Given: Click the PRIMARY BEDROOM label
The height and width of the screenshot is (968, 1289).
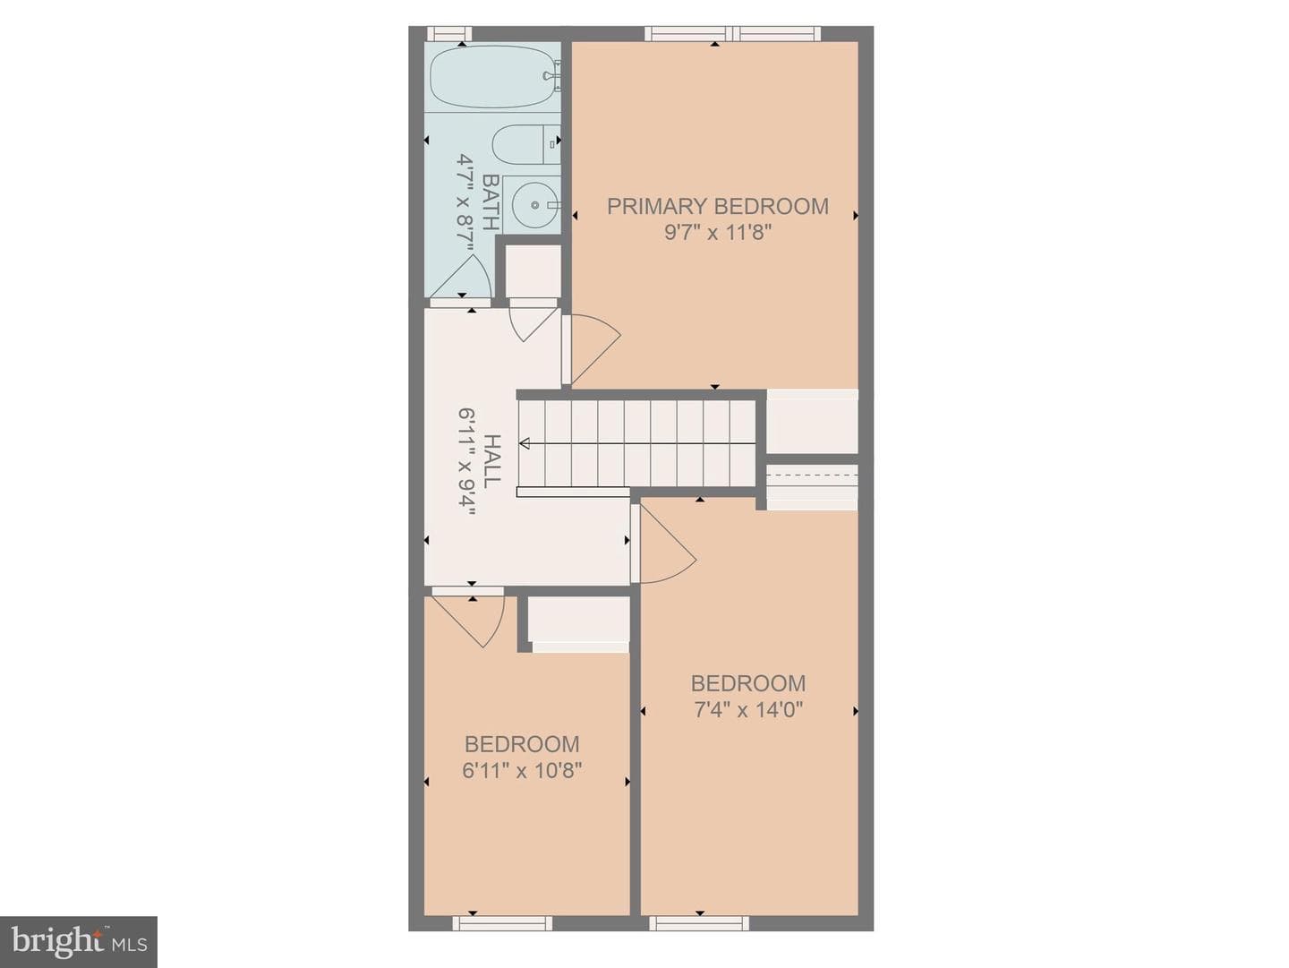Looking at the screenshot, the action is pos(717,206).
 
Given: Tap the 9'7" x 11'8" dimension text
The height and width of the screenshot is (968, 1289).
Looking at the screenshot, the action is pos(717,233).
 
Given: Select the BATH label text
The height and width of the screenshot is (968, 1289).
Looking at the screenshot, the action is pos(491,202).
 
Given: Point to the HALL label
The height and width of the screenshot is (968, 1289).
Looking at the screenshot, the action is pos(491,462).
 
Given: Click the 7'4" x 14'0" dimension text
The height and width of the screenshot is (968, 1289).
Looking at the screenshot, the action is pos(747,709).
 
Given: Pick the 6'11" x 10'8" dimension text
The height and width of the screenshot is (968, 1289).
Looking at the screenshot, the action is pos(522,770).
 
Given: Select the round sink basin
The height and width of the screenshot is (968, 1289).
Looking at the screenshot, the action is pos(534,205).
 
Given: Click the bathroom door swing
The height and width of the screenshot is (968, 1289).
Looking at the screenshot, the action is pos(462,277).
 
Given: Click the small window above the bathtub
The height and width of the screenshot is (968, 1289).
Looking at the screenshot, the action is pos(449,34).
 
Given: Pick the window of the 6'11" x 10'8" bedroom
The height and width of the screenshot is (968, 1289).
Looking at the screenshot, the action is pos(502,923).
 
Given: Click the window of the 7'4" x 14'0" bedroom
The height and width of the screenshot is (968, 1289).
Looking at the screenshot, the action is pos(699,923).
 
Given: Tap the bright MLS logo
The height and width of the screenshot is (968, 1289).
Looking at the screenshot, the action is pos(79,941).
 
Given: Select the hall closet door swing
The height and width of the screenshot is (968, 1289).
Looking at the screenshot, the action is pos(533,321).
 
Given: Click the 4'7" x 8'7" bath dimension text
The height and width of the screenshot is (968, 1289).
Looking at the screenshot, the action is pos(465,202).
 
